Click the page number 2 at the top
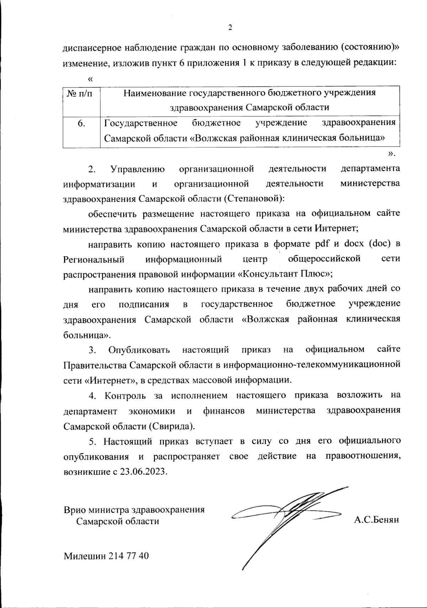point(230,28)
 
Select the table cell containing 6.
point(81,123)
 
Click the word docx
point(354,244)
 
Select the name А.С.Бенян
point(376,520)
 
